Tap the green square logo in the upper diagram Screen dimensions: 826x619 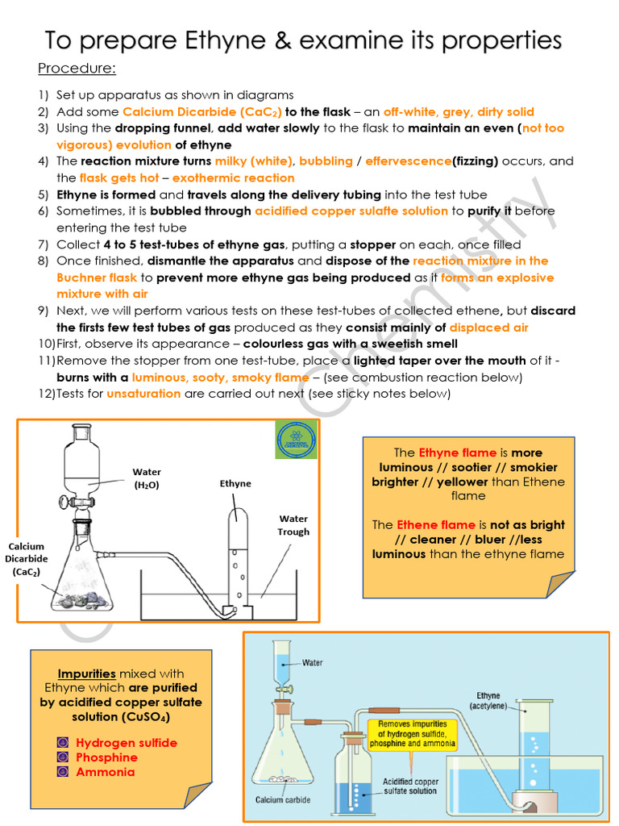coord(296,440)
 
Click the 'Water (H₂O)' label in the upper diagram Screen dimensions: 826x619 coord(147,478)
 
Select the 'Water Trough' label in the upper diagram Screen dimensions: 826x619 coord(293,525)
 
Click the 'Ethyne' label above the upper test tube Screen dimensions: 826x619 coord(235,484)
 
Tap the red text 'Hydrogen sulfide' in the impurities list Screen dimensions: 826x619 coord(127,743)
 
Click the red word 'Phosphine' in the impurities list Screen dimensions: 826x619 coord(106,757)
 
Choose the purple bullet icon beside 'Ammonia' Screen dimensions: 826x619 coord(62,772)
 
